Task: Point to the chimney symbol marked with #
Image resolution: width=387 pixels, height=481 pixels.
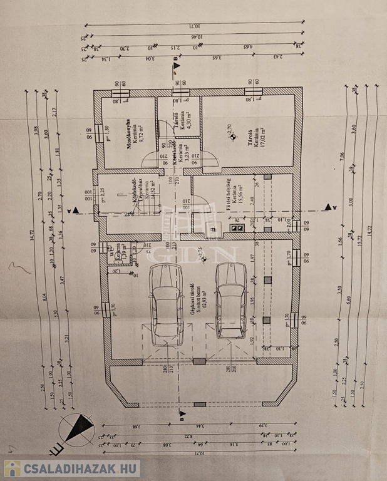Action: [x=214, y=230]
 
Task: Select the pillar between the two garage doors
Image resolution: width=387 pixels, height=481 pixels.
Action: [x=199, y=361]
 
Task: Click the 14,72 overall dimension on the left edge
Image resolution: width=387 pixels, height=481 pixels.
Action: [x=30, y=237]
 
